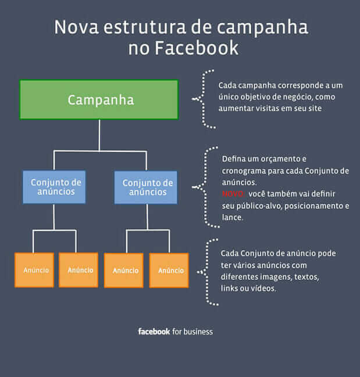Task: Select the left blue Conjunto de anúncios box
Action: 54,187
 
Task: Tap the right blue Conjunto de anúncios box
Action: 145,187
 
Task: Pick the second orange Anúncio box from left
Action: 79,270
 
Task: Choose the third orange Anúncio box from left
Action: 123,270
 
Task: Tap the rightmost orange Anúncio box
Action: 169,270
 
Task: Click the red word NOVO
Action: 231,193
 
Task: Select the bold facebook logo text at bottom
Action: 154,332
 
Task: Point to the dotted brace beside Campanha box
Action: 204,99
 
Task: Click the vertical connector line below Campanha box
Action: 99,135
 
